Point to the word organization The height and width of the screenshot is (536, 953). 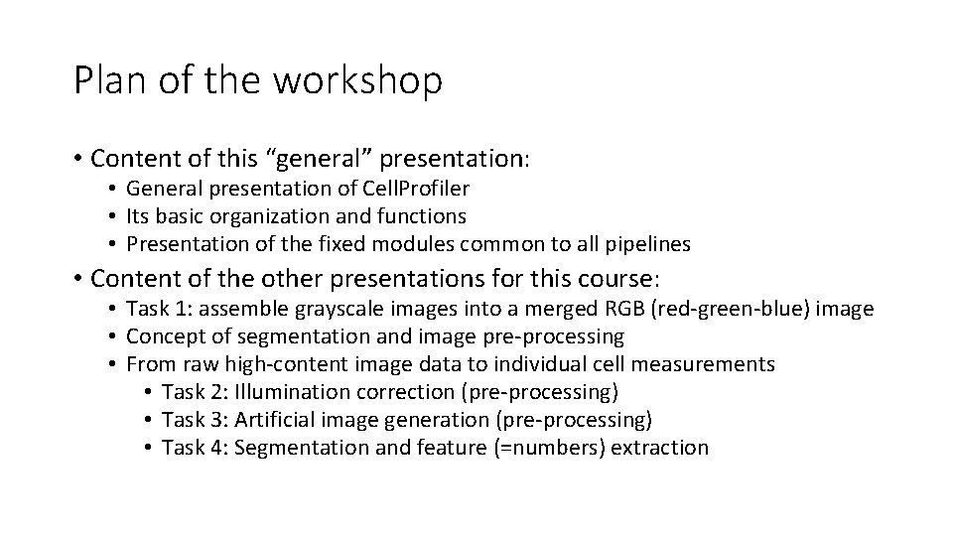click(261, 215)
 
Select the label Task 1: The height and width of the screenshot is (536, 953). click(158, 310)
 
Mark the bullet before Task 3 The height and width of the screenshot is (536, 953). click(146, 420)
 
